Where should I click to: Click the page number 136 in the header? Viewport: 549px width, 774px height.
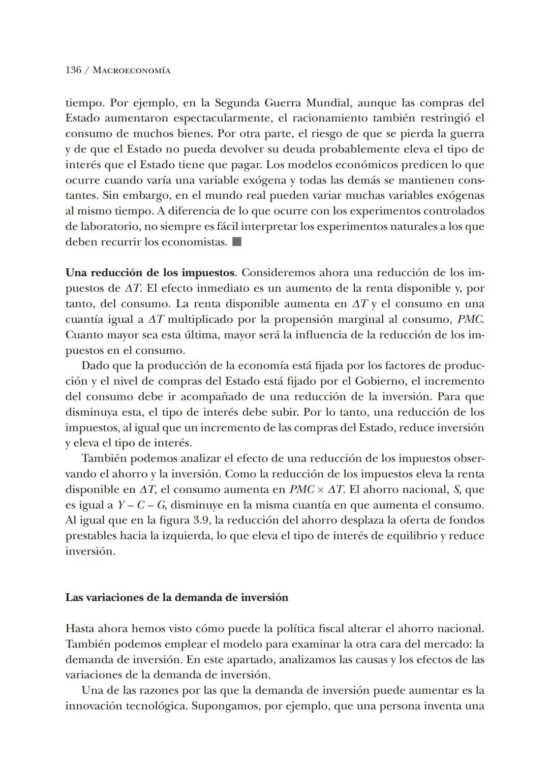tap(73, 70)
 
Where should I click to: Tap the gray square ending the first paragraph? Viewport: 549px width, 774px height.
tap(236, 242)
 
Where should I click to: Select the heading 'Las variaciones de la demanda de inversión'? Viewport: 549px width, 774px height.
tap(176, 597)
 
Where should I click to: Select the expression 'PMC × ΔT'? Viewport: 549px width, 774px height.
tap(317, 489)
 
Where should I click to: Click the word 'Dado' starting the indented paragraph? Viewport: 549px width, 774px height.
tap(94, 365)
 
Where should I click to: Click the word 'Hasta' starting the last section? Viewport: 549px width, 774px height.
tap(80, 629)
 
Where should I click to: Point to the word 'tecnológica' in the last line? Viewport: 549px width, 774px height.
tap(156, 706)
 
